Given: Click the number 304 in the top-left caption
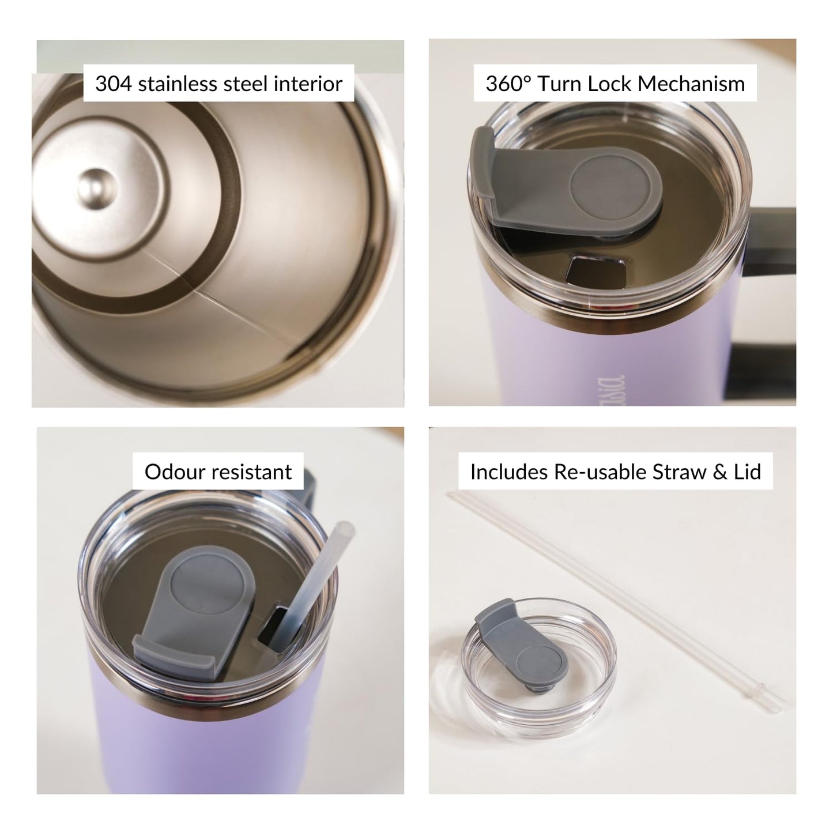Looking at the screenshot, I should click(x=114, y=84).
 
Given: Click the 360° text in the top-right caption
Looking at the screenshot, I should click(x=508, y=84).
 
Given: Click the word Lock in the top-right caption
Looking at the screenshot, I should click(x=610, y=84).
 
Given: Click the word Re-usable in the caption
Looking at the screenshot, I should click(x=600, y=472).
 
